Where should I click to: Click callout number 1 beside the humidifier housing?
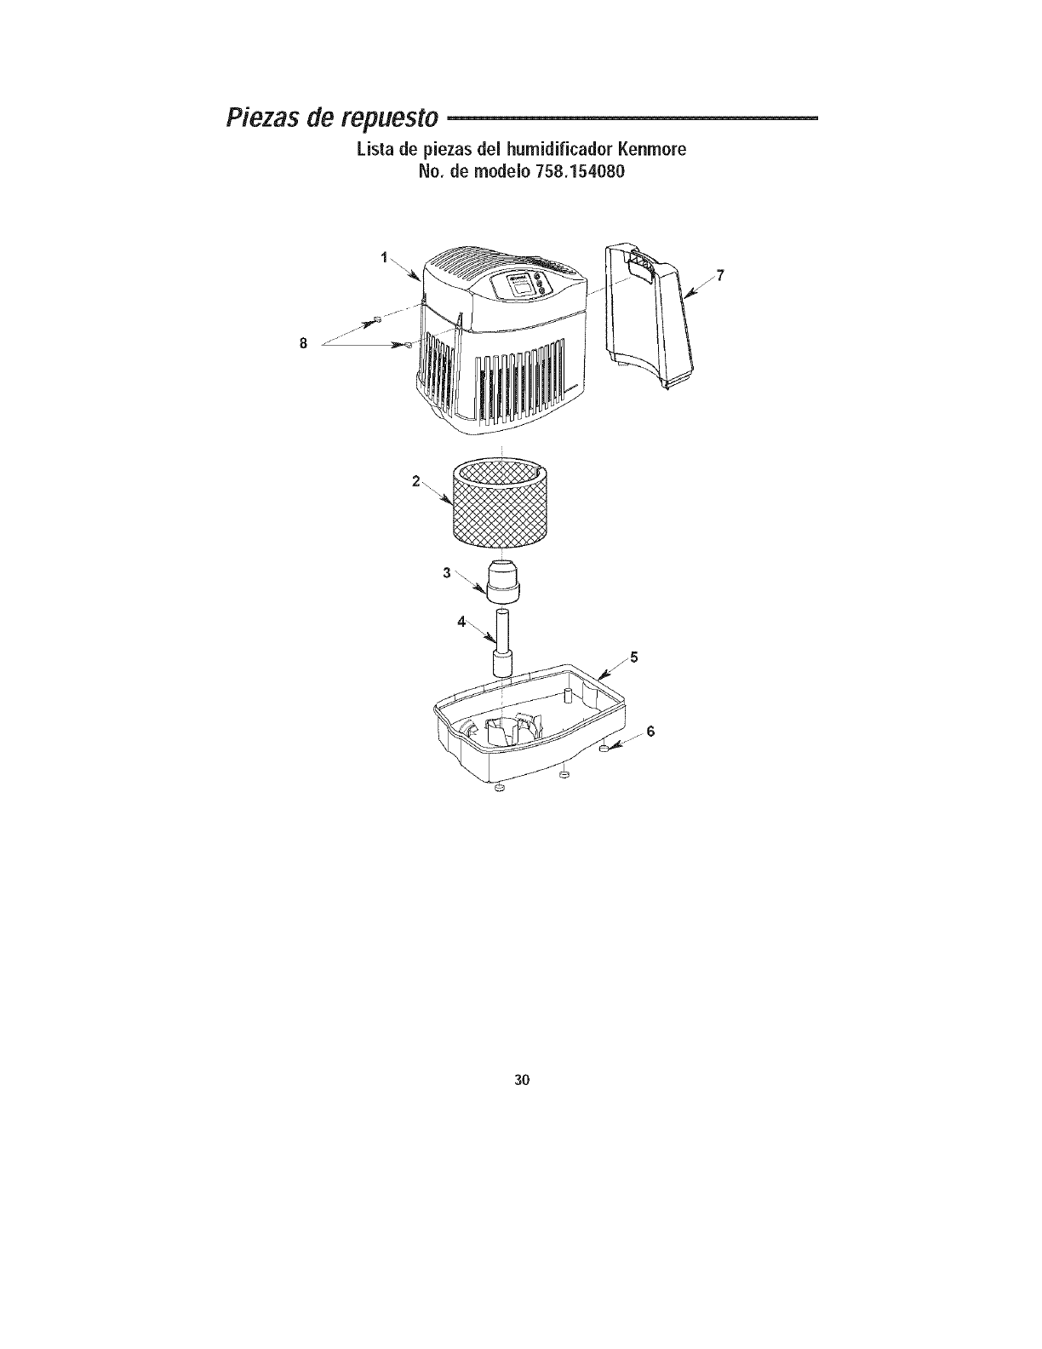click(x=385, y=256)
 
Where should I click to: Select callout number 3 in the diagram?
click(x=446, y=572)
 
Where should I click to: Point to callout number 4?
click(x=461, y=622)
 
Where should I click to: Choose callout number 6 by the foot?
click(x=652, y=732)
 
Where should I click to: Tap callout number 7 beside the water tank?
click(x=720, y=275)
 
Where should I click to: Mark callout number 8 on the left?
click(x=302, y=342)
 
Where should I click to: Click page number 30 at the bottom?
click(x=522, y=1081)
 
